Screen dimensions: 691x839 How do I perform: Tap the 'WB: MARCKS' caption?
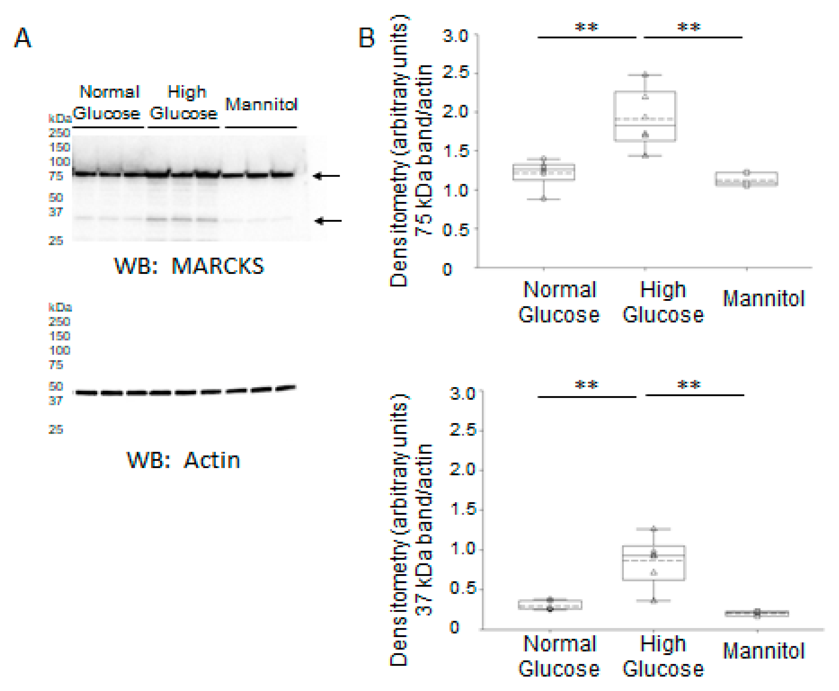(x=189, y=266)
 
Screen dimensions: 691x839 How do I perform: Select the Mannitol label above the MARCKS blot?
(x=261, y=104)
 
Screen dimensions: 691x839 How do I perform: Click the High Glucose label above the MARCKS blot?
(x=184, y=103)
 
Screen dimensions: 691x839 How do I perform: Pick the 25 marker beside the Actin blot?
(x=56, y=429)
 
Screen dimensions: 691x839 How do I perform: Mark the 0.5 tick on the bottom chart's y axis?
(x=463, y=588)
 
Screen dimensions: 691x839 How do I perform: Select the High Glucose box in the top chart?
(x=645, y=116)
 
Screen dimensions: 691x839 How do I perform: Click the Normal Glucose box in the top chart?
(x=544, y=172)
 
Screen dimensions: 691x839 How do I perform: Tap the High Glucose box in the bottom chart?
(x=654, y=562)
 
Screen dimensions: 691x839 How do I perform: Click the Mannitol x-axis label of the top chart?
(x=763, y=298)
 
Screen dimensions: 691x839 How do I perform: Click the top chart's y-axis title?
(x=410, y=151)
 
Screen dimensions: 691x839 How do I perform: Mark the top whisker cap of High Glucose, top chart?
(x=645, y=75)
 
